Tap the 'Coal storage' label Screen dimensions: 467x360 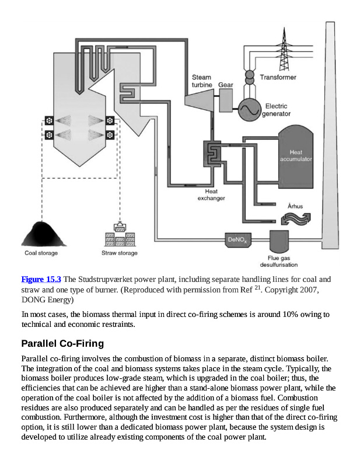pos(41,253)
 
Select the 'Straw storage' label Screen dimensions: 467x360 pos(120,253)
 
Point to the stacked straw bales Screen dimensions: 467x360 pos(120,239)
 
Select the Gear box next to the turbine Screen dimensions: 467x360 pos(226,102)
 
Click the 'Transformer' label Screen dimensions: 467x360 pos(278,77)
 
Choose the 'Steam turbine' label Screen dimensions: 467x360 pos(202,81)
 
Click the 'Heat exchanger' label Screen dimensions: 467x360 pos(211,194)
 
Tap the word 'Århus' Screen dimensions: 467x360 pos(295,206)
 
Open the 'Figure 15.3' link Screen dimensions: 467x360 pos(41,279)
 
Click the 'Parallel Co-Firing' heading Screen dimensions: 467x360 pos(62,343)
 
